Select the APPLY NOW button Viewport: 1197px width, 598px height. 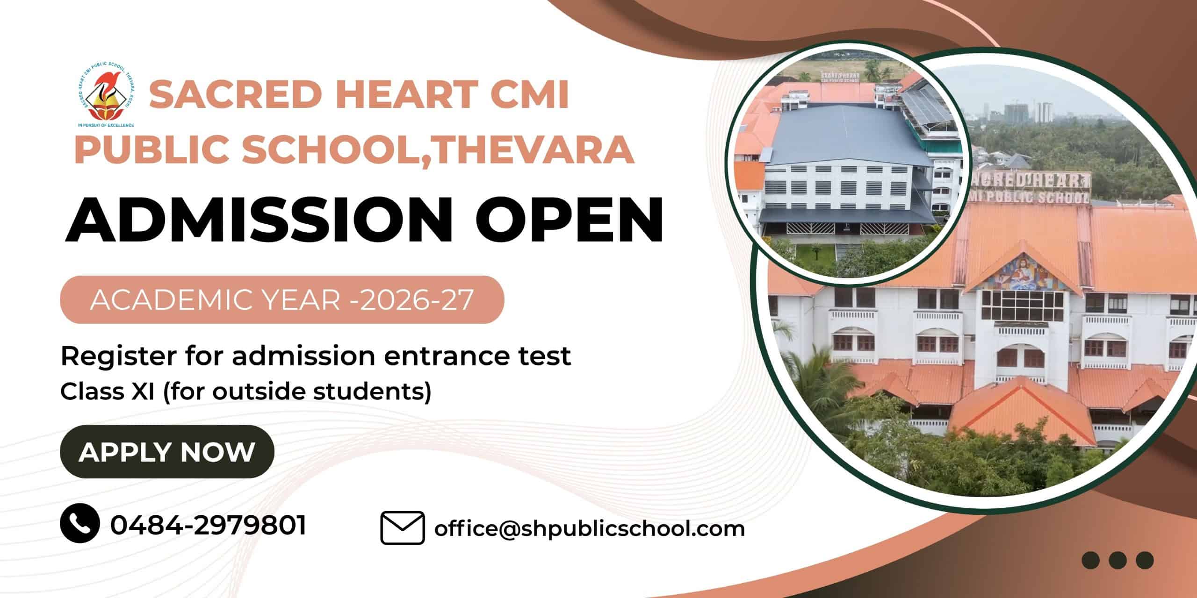[167, 451]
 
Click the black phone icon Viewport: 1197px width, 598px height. [79, 523]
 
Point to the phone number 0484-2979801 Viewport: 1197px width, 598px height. [208, 525]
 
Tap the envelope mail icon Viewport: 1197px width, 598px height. [403, 528]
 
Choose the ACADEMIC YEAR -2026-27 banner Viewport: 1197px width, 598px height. [282, 299]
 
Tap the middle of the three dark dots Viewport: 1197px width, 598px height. [1118, 560]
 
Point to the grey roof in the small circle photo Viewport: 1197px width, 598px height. [844, 135]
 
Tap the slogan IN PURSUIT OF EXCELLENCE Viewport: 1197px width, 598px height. [106, 125]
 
